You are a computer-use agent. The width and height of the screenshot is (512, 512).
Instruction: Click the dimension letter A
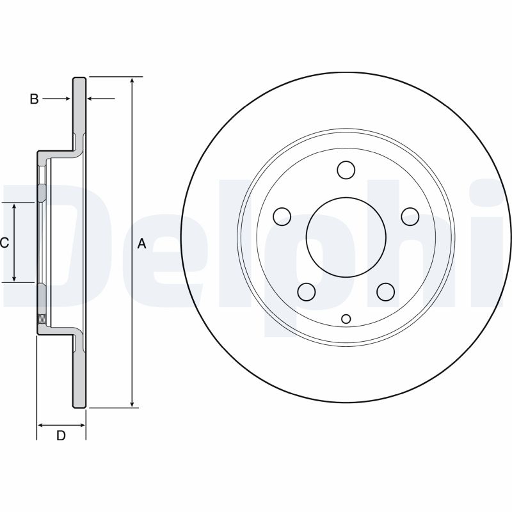coord(141,244)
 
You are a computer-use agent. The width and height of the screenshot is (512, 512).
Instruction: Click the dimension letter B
coord(34,99)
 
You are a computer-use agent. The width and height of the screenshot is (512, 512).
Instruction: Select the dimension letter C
coord(4,243)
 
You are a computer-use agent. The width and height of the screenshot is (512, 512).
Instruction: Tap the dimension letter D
coord(61,435)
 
